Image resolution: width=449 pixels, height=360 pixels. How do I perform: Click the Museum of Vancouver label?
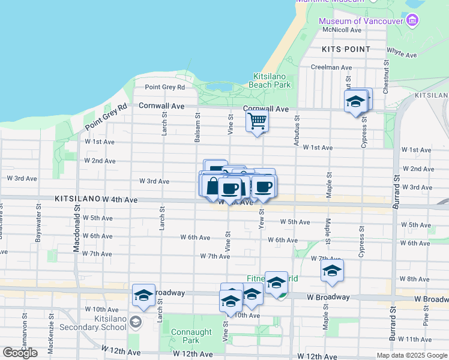pyautogui.click(x=361, y=22)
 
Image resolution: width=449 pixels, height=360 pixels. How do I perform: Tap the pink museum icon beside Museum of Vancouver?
pyautogui.click(x=412, y=22)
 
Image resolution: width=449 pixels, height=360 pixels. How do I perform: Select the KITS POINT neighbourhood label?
pyautogui.click(x=345, y=49)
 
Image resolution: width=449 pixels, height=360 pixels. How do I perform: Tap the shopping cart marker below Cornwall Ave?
pyautogui.click(x=257, y=121)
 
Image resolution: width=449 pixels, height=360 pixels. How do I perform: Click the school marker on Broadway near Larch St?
pyautogui.click(x=144, y=295)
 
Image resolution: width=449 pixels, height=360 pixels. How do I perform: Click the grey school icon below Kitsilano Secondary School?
pyautogui.click(x=135, y=323)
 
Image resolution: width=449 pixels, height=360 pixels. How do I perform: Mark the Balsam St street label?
pyautogui.click(x=197, y=127)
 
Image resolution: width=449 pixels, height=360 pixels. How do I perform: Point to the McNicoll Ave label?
pyautogui.click(x=342, y=29)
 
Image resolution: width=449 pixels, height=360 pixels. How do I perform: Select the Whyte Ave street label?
pyautogui.click(x=402, y=54)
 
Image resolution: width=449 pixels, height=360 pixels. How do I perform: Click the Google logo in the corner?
pyautogui.click(x=20, y=353)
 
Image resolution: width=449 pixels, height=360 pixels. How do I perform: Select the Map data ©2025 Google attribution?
pyautogui.click(x=411, y=355)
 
